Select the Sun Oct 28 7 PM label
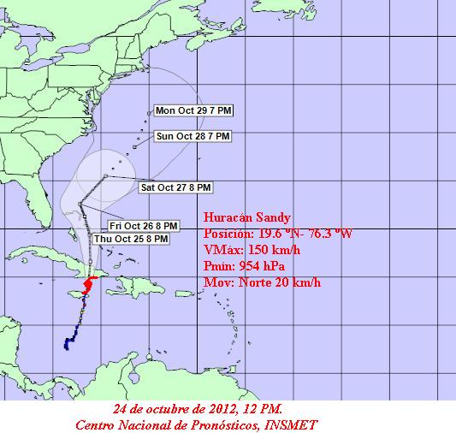pyautogui.click(x=192, y=136)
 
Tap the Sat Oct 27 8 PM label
pyautogui.click(x=175, y=187)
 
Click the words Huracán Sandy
pyautogui.click(x=242, y=217)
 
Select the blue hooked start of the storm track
pyautogui.click(x=68, y=343)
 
